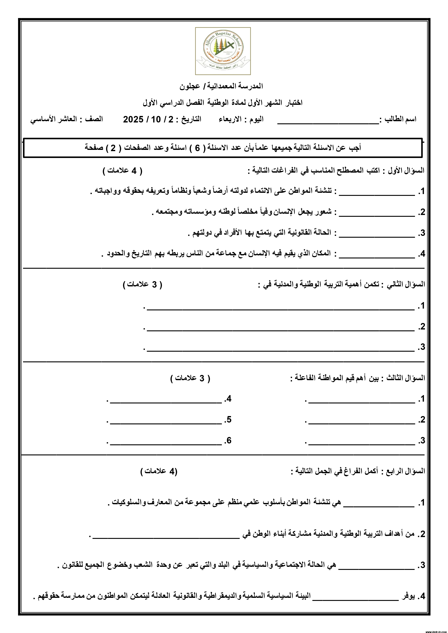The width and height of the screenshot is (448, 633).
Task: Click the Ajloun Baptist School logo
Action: point(223,51)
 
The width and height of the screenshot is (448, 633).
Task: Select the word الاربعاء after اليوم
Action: point(230,119)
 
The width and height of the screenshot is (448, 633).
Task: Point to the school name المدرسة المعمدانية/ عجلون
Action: point(221,86)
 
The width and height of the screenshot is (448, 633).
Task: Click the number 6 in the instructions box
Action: point(197,148)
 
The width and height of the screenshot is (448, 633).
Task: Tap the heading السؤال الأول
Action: point(406,171)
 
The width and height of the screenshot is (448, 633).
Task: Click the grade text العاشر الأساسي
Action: point(53,119)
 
